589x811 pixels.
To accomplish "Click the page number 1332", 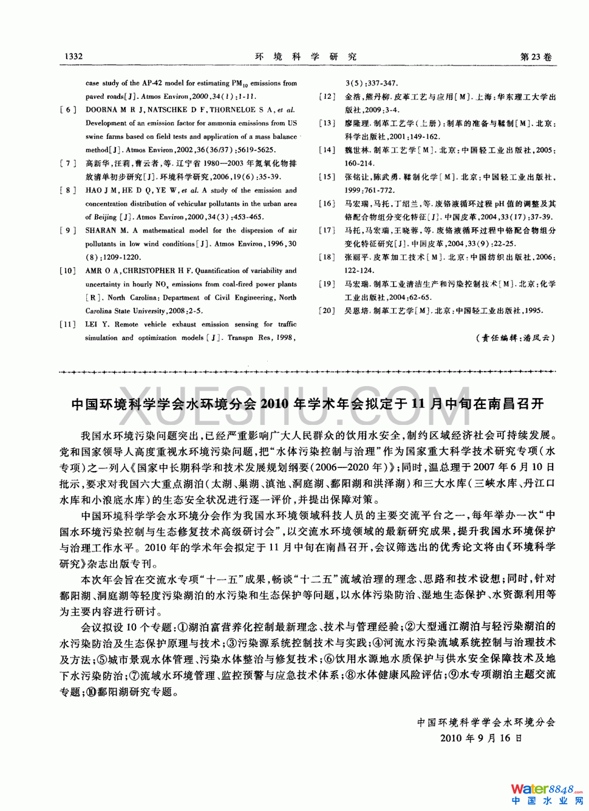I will [x=73, y=56].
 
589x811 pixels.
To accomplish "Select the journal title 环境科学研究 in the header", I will [x=306, y=56].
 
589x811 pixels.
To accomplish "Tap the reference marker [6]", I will [x=67, y=110].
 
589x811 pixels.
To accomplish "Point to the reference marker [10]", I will [x=67, y=271].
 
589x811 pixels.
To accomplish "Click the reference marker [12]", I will [x=327, y=97].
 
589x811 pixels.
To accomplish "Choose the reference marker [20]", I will [x=327, y=311].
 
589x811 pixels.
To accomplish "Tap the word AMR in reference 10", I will [x=94, y=271].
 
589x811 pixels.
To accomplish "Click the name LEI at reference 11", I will [x=91, y=324].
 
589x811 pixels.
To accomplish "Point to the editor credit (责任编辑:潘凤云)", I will [x=515, y=338].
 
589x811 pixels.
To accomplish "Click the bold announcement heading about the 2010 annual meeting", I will [x=307, y=404].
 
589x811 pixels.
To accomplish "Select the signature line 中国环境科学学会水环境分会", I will [x=486, y=722].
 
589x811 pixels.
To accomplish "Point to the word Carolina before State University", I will [x=98, y=311].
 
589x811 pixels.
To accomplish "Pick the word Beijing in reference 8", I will [x=104, y=217].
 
